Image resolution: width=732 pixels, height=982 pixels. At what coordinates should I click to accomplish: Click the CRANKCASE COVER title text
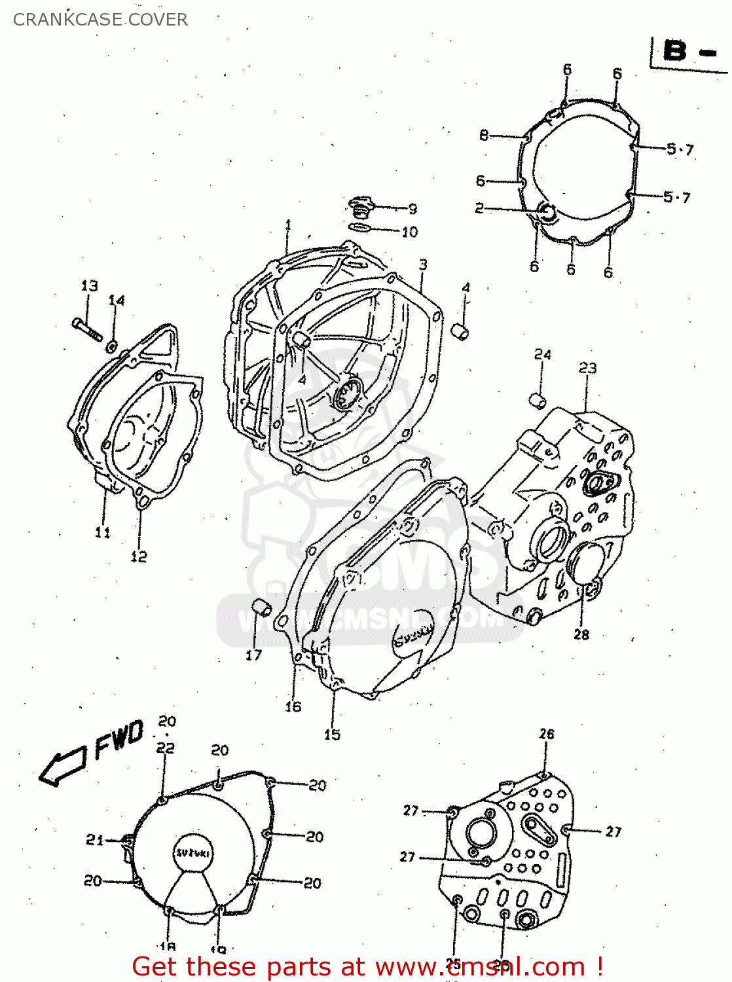click(x=100, y=20)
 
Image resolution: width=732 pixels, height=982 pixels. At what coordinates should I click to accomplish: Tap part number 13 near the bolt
click(x=90, y=285)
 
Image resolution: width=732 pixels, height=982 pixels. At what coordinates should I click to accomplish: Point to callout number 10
click(x=409, y=232)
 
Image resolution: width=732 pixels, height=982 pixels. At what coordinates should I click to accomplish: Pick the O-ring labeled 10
click(x=359, y=228)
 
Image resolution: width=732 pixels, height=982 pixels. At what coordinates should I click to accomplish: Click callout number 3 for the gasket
click(x=423, y=264)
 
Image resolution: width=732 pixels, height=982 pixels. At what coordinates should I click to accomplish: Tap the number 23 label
click(x=587, y=368)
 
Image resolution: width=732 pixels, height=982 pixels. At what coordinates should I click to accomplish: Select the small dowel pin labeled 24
click(x=538, y=399)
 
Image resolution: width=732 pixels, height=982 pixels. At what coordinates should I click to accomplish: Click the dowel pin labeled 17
click(x=263, y=608)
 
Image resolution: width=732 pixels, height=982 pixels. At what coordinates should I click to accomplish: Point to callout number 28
click(x=581, y=634)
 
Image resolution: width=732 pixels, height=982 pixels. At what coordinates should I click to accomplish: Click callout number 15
click(x=332, y=735)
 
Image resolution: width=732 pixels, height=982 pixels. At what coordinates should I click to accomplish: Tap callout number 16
click(x=293, y=706)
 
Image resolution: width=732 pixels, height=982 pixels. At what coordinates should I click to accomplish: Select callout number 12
click(x=139, y=556)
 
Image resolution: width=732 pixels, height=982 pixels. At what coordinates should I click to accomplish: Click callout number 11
click(x=103, y=532)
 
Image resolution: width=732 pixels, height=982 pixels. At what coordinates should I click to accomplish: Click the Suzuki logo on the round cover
click(x=193, y=853)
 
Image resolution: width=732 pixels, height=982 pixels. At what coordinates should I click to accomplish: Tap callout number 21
click(x=95, y=839)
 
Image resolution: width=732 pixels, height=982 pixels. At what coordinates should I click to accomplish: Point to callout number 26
click(x=547, y=734)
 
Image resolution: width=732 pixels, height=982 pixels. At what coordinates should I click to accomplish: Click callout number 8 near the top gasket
click(x=484, y=136)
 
